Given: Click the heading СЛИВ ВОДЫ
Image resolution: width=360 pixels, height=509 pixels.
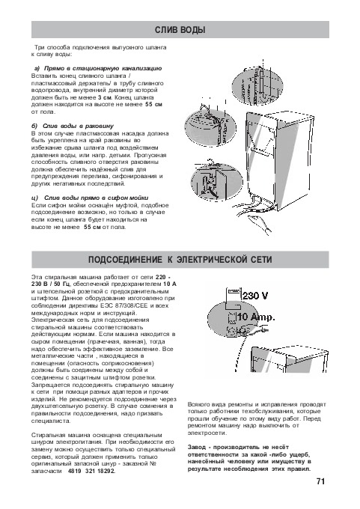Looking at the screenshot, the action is (x=180, y=30).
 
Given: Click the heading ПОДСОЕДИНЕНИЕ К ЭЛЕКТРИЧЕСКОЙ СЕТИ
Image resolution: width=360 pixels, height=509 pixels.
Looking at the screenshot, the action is (x=180, y=260).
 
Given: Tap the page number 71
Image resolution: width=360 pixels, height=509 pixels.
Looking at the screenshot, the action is (x=320, y=481).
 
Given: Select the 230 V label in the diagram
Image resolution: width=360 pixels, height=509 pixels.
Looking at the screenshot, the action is (x=255, y=296).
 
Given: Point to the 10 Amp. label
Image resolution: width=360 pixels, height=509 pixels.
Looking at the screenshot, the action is (x=256, y=317).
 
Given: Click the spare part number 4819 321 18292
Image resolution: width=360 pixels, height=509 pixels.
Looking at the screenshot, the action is (x=91, y=471).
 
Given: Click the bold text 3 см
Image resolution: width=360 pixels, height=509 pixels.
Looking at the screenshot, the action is (x=105, y=97).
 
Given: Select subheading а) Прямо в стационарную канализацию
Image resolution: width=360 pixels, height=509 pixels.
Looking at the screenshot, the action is (x=98, y=69).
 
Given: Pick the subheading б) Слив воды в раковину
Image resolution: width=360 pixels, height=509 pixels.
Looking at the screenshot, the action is (x=73, y=126).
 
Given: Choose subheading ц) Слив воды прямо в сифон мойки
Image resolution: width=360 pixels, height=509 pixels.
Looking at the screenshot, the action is (x=90, y=198).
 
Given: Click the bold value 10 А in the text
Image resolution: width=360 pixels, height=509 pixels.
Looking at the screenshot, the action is (x=170, y=284).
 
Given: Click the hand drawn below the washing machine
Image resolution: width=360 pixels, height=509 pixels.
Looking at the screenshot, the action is (x=260, y=224).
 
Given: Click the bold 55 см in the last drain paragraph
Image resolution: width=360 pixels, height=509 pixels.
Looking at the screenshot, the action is (x=92, y=227).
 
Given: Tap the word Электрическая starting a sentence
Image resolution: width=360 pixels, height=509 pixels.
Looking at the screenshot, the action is (x=51, y=320).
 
